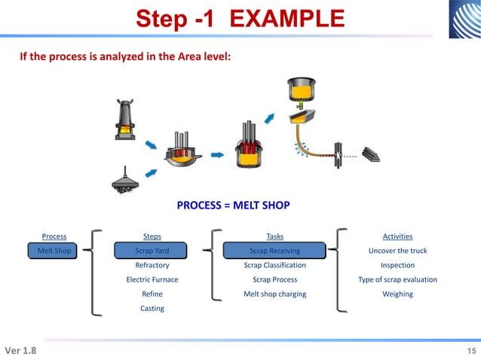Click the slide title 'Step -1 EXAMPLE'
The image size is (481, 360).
(x=240, y=20)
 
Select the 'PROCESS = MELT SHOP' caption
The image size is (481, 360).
(x=233, y=205)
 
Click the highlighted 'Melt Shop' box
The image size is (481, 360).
(x=54, y=251)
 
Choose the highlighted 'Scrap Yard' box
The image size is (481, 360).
(x=152, y=251)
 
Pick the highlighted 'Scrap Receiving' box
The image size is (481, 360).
(x=275, y=251)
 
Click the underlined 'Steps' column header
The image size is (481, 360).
(x=152, y=236)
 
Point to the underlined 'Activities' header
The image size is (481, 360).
(x=397, y=236)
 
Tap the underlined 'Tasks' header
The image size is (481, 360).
(x=275, y=236)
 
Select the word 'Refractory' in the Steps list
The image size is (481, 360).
(x=152, y=265)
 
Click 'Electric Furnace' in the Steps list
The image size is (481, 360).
(x=152, y=279)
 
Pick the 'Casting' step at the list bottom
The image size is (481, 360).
(x=152, y=308)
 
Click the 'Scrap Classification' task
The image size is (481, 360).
(x=275, y=265)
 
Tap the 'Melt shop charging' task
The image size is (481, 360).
(x=275, y=294)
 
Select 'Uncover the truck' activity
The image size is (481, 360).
(x=397, y=251)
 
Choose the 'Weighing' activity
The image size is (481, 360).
(x=397, y=294)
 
